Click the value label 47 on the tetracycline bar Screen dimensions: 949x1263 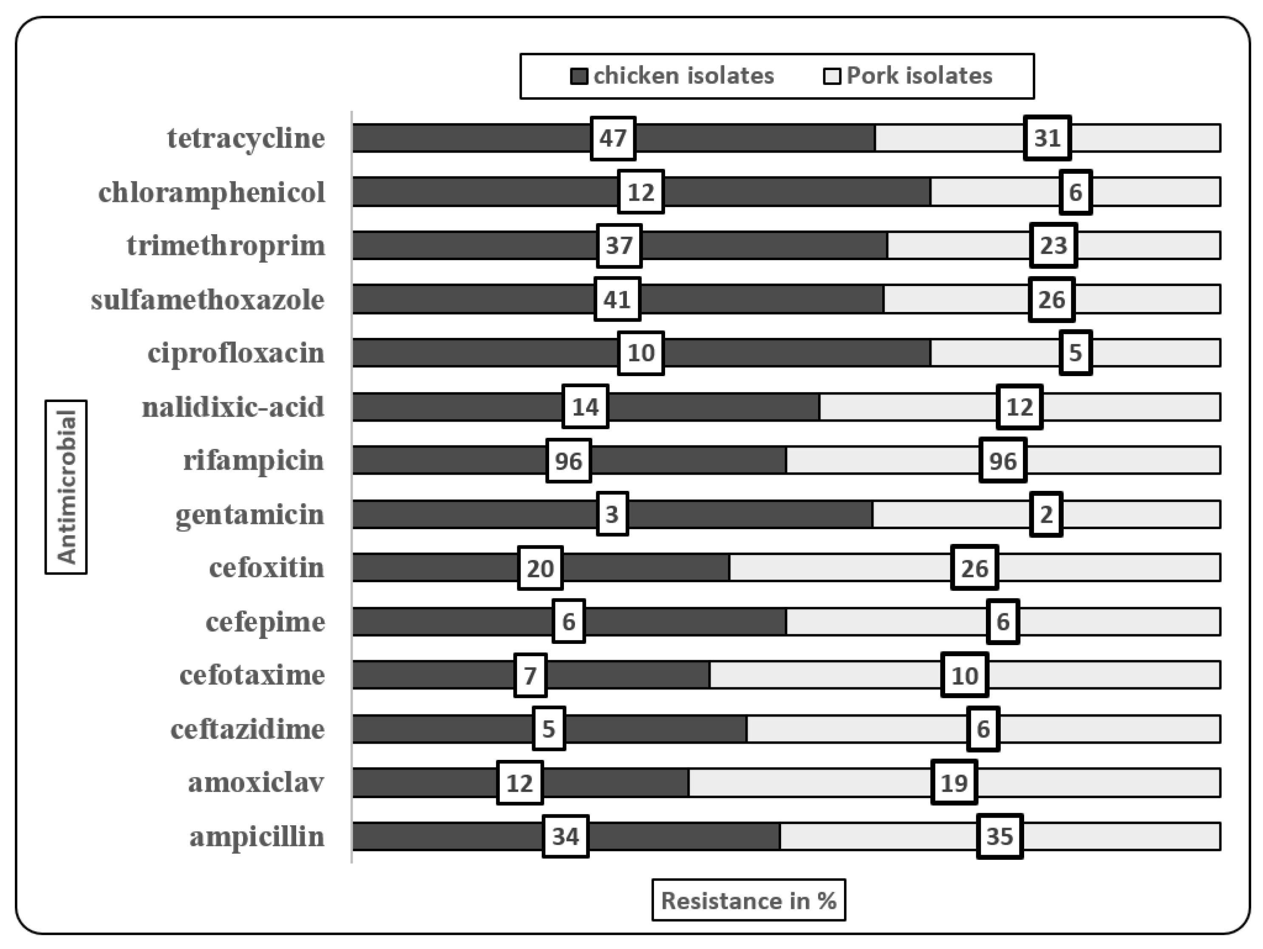613,138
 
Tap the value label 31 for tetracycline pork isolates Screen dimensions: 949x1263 1047,138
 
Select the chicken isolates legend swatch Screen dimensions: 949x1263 579,76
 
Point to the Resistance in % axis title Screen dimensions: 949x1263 748,901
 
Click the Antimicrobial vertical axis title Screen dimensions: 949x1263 66,487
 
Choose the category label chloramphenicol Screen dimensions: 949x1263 212,192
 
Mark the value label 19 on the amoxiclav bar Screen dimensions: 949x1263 954,783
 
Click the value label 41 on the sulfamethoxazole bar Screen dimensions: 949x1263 617,300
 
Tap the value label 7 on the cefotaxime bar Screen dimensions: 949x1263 530,675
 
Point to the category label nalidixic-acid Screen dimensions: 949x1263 233,407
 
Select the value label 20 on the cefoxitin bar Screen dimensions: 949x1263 540,568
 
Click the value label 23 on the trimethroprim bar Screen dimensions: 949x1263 1053,246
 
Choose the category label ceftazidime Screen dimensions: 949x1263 248,729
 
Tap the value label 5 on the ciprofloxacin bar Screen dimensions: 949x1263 1076,353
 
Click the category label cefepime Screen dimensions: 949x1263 265,622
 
